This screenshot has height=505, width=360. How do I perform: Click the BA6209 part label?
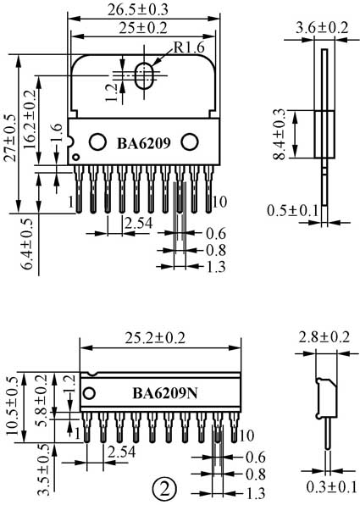click(144, 144)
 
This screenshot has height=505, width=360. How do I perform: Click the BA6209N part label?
click(165, 393)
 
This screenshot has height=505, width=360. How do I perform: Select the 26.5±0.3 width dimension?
click(138, 10)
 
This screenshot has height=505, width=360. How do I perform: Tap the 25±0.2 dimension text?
click(143, 28)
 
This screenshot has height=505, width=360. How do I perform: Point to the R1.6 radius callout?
click(189, 47)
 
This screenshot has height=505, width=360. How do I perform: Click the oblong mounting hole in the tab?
click(144, 76)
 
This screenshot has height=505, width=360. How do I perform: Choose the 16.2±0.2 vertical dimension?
click(30, 119)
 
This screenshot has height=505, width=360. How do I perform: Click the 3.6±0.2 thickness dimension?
click(322, 28)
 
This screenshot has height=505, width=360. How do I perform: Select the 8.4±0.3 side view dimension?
click(279, 135)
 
